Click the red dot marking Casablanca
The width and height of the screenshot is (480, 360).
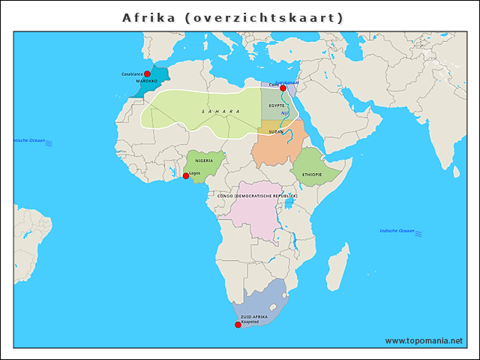[147, 74]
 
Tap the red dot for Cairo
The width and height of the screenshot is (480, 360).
[283, 88]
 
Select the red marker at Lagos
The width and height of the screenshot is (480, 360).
[186, 176]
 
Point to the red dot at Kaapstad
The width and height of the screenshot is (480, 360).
[238, 325]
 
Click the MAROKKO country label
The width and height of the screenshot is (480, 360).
[147, 81]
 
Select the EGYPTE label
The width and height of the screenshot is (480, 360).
[277, 106]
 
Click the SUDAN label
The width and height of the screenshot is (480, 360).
[276, 132]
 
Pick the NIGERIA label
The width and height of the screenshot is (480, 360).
[204, 160]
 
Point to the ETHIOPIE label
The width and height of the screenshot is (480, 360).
[312, 175]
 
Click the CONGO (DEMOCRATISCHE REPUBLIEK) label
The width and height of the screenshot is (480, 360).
[257, 196]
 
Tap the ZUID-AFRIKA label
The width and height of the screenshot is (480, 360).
[254, 317]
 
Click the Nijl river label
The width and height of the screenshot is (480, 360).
[285, 113]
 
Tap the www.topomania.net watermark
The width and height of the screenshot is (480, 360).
[424, 341]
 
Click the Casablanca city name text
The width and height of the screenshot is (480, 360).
[132, 74]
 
